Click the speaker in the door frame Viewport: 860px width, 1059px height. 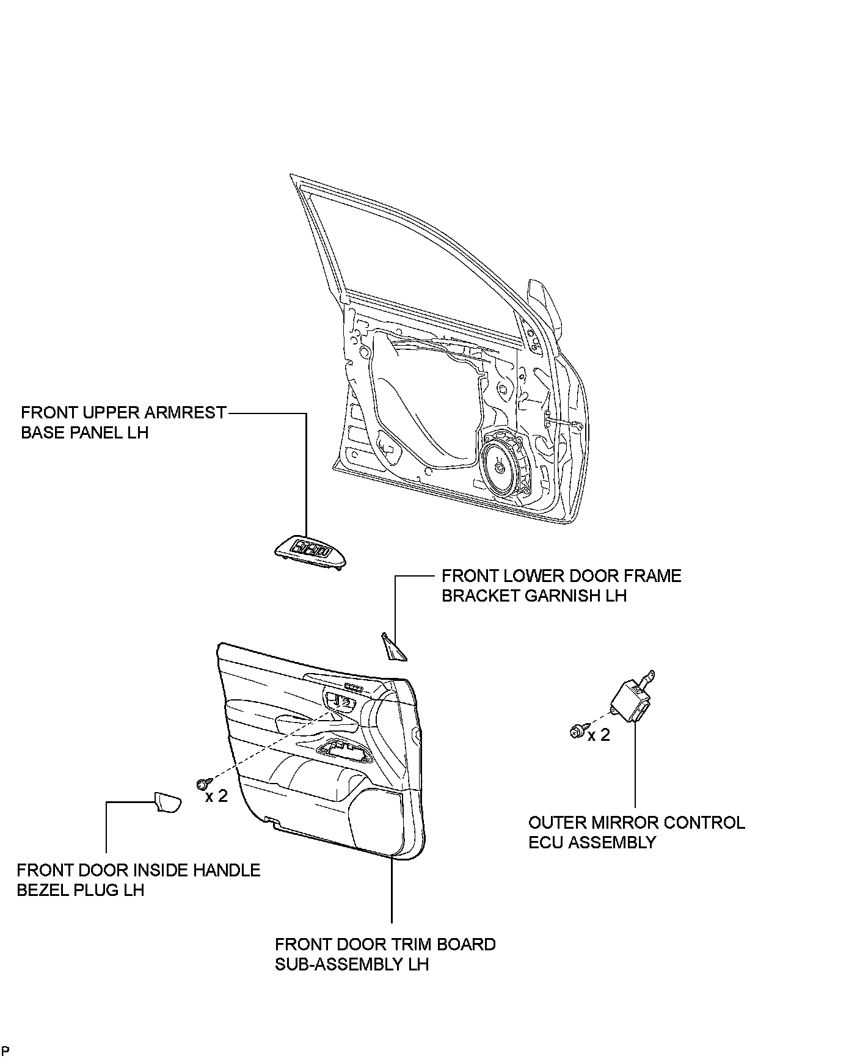(501, 467)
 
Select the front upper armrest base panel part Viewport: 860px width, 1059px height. (310, 551)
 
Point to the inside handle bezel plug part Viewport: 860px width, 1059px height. (167, 802)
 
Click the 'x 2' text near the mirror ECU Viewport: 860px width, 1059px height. (599, 735)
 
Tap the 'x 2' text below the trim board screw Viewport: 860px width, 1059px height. (216, 796)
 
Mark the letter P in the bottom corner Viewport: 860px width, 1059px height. (5, 1050)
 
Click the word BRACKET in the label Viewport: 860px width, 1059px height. (480, 595)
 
